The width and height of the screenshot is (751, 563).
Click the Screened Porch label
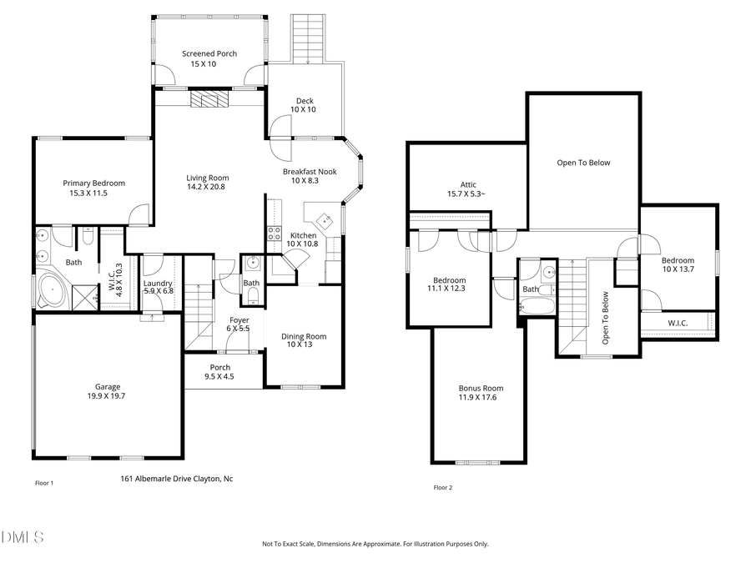tap(209, 53)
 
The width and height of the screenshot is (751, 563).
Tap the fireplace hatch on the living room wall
tap(204, 100)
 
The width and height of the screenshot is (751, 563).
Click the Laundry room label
tap(158, 284)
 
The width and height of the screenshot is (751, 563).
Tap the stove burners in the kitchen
tap(274, 234)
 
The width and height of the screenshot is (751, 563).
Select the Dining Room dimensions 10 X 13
tap(304, 345)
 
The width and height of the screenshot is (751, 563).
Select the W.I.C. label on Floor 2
tap(678, 323)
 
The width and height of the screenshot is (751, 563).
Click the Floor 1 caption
tap(44, 483)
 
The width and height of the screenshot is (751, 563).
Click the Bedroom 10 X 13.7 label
tap(678, 264)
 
